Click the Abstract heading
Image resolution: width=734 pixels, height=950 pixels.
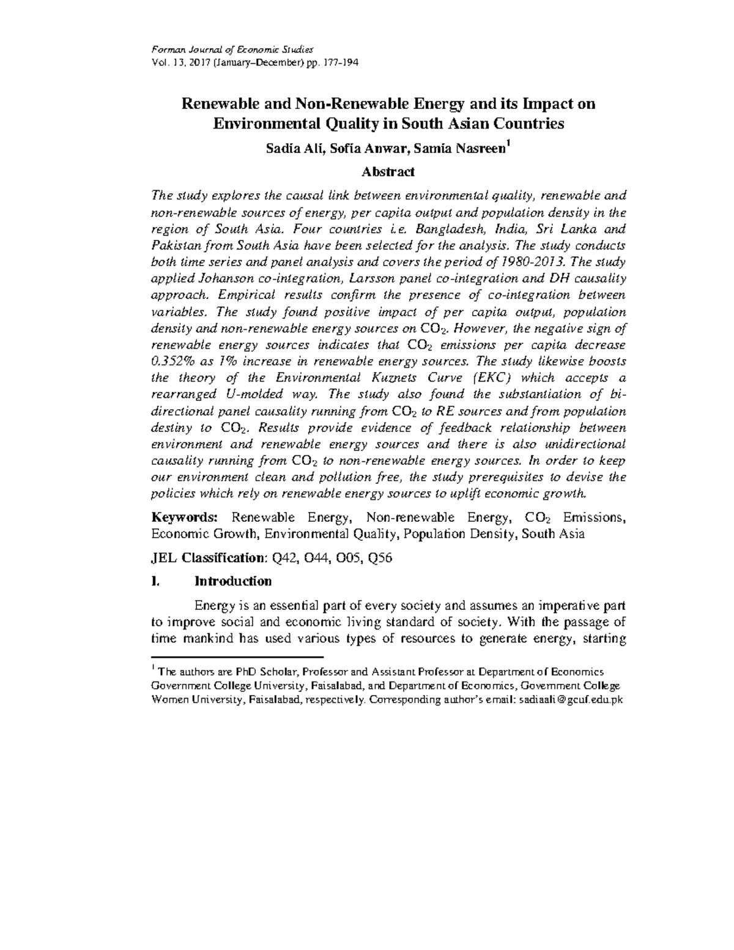tap(388, 172)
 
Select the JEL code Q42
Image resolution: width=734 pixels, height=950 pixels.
tap(283, 557)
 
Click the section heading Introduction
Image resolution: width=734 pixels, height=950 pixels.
tap(233, 581)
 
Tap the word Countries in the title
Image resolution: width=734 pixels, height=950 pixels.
tap(527, 124)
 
